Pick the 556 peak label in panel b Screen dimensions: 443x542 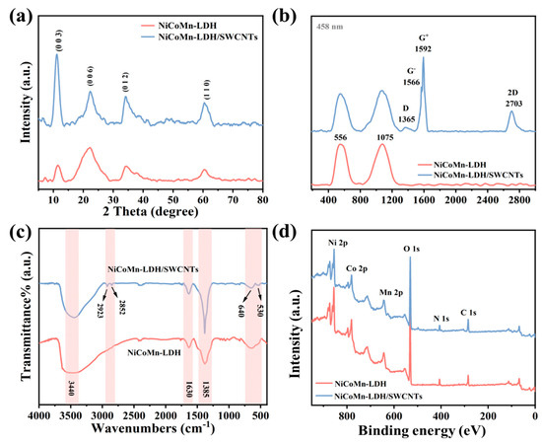point(341,136)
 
